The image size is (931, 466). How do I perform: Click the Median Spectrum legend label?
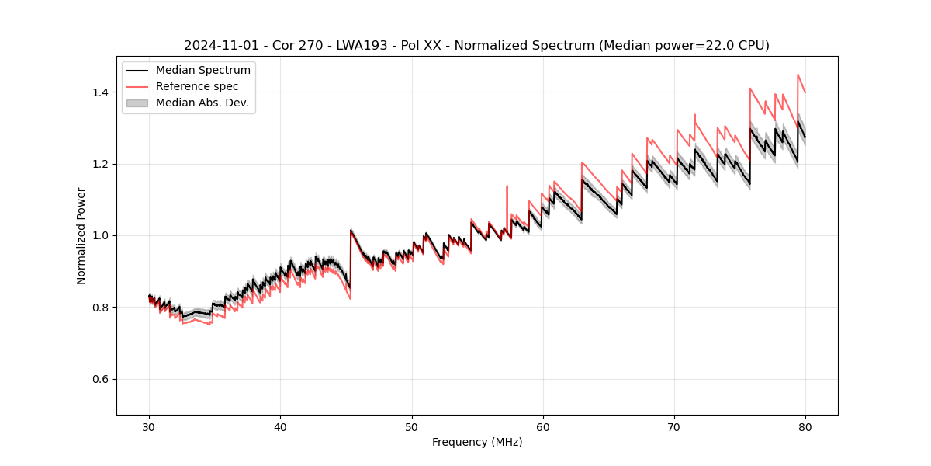(203, 71)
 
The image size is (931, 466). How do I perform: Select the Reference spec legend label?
(197, 86)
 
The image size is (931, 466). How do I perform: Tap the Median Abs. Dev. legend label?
(202, 103)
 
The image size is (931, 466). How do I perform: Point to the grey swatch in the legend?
(137, 103)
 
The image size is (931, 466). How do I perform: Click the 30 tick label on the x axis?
(149, 427)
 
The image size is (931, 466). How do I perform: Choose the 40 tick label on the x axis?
(280, 427)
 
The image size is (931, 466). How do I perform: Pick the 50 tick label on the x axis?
(412, 427)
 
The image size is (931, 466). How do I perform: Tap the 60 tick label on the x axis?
(543, 427)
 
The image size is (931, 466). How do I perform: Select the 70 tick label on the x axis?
(674, 427)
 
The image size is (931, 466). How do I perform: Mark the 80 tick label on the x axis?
(805, 427)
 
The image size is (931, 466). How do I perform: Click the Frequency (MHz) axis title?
(477, 442)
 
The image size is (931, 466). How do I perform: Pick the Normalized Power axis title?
(81, 235)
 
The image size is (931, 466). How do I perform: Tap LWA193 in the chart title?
(359, 46)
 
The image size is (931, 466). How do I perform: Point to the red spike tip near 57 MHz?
(507, 186)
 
